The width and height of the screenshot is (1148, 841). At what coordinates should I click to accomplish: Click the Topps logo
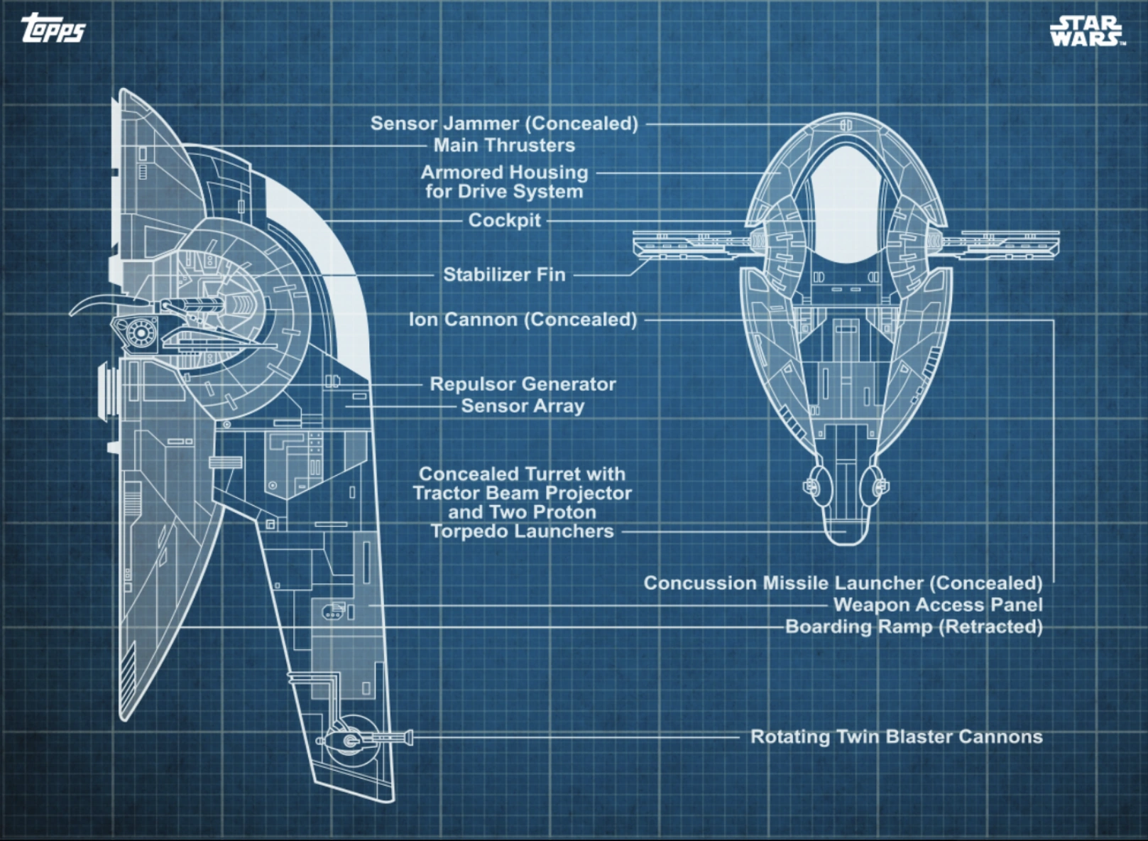coord(53,29)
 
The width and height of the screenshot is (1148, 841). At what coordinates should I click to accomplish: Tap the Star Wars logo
coord(1086,31)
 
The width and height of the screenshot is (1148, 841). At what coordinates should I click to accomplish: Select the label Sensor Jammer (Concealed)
coord(504,124)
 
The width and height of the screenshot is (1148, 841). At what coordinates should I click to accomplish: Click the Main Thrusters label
coord(504,146)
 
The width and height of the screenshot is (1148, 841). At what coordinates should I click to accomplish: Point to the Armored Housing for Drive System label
coord(504,182)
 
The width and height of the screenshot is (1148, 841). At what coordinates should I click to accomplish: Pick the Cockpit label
coord(504,220)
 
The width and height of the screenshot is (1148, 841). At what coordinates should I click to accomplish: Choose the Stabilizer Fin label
coord(504,275)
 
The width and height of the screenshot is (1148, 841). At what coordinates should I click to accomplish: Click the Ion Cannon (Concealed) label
coord(523,320)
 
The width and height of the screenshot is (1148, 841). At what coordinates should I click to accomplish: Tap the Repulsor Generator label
coord(523,384)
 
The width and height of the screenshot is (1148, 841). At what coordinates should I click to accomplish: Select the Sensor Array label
coord(523,406)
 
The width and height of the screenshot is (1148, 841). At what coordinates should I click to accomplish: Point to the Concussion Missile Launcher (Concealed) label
coord(843,583)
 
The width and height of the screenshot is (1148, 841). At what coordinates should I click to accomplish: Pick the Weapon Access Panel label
coord(938,605)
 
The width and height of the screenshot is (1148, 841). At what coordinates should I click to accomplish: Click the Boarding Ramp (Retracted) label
coord(914,627)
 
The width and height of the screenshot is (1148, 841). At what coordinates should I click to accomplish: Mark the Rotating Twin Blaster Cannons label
coord(896,737)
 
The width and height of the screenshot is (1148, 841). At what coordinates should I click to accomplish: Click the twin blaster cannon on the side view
coord(362,739)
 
